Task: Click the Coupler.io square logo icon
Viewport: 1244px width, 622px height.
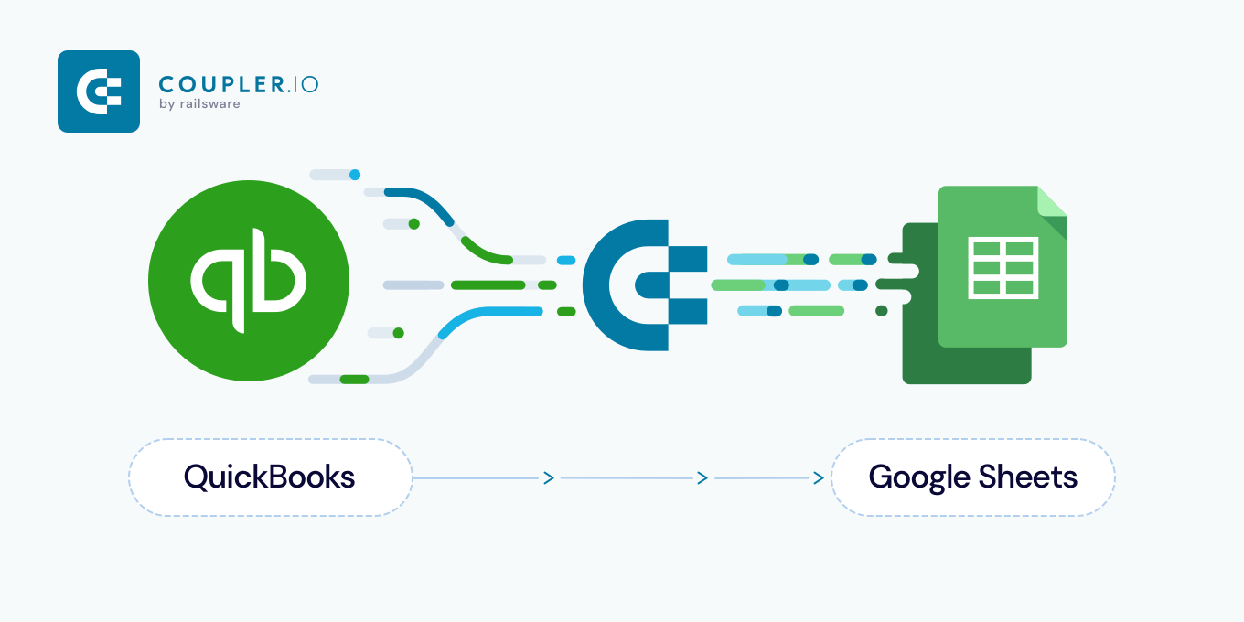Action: (99, 91)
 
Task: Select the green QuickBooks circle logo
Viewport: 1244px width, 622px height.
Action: (249, 279)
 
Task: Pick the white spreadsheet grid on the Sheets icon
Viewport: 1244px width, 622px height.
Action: (1003, 267)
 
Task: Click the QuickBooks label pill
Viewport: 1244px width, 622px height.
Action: (270, 477)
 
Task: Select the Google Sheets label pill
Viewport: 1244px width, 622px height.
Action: (972, 477)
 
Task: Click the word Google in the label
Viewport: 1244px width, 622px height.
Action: (918, 477)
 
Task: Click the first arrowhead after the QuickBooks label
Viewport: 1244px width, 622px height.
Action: (549, 477)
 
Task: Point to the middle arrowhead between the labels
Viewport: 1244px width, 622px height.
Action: (702, 477)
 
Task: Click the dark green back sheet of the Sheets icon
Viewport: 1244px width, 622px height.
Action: (919, 348)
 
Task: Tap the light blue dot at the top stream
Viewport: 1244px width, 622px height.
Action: (355, 174)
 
